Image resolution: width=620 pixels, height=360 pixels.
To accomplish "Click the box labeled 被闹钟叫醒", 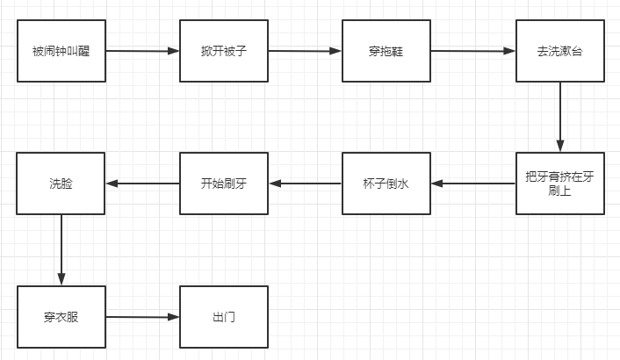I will click(61, 51).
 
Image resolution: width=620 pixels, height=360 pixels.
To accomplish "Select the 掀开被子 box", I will click(224, 51).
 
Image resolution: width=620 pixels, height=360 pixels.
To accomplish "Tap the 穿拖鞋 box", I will click(386, 51).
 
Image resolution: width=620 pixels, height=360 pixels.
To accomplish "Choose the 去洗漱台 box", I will click(559, 51).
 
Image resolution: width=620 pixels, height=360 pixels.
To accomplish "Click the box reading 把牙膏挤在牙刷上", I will click(559, 184).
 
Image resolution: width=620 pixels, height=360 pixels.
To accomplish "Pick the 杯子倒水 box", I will click(386, 184).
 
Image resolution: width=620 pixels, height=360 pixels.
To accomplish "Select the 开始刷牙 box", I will click(224, 184).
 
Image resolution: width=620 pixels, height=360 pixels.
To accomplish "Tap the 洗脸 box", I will click(61, 184).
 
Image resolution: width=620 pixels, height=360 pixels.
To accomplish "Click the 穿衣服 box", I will click(61, 316).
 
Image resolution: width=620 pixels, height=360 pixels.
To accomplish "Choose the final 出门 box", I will click(224, 316).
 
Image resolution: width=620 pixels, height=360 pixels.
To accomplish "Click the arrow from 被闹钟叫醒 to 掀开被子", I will click(142, 51).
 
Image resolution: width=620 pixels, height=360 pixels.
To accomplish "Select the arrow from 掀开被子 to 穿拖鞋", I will click(305, 51).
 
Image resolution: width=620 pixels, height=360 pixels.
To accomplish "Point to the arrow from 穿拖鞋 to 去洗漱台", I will click(472, 51).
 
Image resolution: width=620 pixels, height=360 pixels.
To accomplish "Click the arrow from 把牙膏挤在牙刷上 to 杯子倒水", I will click(472, 184).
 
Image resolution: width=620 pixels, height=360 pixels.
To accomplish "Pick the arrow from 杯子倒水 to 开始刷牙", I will click(305, 184).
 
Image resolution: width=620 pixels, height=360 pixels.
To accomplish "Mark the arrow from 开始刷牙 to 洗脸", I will click(142, 184).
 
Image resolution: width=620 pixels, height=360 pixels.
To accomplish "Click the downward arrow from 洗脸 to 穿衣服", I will click(61, 249).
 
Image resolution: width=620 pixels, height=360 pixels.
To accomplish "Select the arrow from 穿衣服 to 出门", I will click(142, 316).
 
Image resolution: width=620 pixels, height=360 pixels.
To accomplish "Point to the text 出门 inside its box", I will click(224, 317).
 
